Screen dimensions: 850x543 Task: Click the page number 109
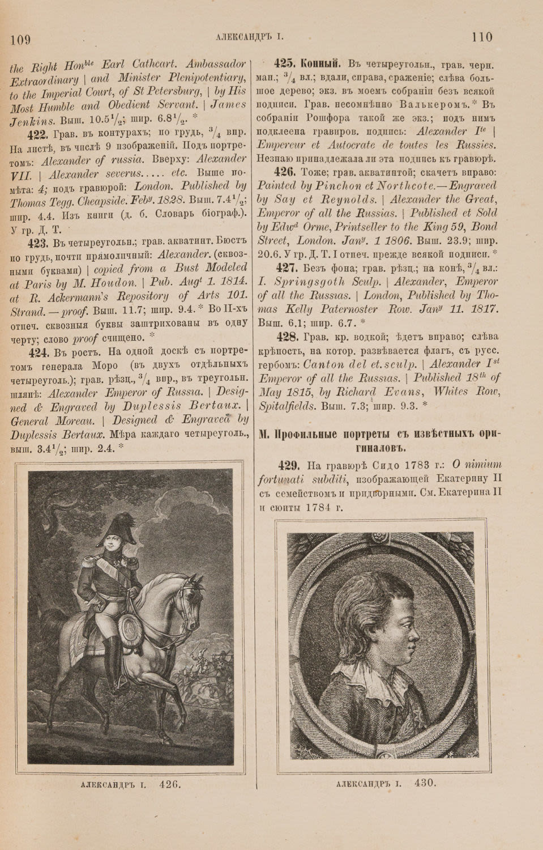click(20, 39)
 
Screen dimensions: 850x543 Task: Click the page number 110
click(481, 37)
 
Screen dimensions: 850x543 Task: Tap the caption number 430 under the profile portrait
click(424, 783)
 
